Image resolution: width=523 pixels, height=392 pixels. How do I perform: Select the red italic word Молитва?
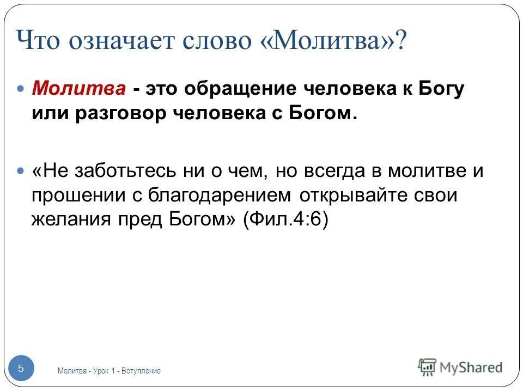click(x=80, y=89)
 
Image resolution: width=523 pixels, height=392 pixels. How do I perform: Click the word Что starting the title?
click(x=38, y=41)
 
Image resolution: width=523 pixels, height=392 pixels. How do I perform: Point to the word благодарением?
click(x=224, y=196)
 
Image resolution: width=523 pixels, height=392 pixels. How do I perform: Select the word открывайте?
click(x=360, y=196)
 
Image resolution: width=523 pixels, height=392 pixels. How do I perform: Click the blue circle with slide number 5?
click(x=21, y=369)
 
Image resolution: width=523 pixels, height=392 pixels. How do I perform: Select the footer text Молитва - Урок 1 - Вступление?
click(x=109, y=371)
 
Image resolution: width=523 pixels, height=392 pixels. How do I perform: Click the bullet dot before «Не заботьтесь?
click(x=22, y=170)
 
